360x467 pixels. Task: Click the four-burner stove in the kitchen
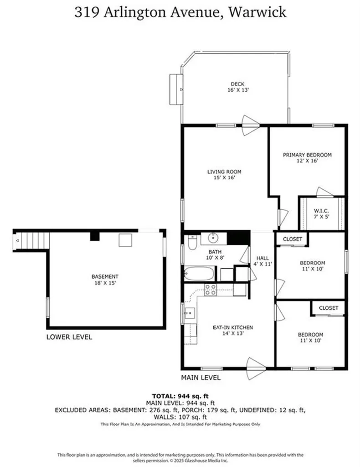tap(210, 290)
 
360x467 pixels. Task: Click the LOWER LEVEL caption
tap(69, 337)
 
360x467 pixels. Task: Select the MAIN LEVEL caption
tap(201, 378)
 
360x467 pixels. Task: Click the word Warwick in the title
tap(258, 12)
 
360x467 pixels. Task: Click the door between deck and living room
tap(250, 121)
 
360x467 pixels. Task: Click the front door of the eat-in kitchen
tap(256, 363)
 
